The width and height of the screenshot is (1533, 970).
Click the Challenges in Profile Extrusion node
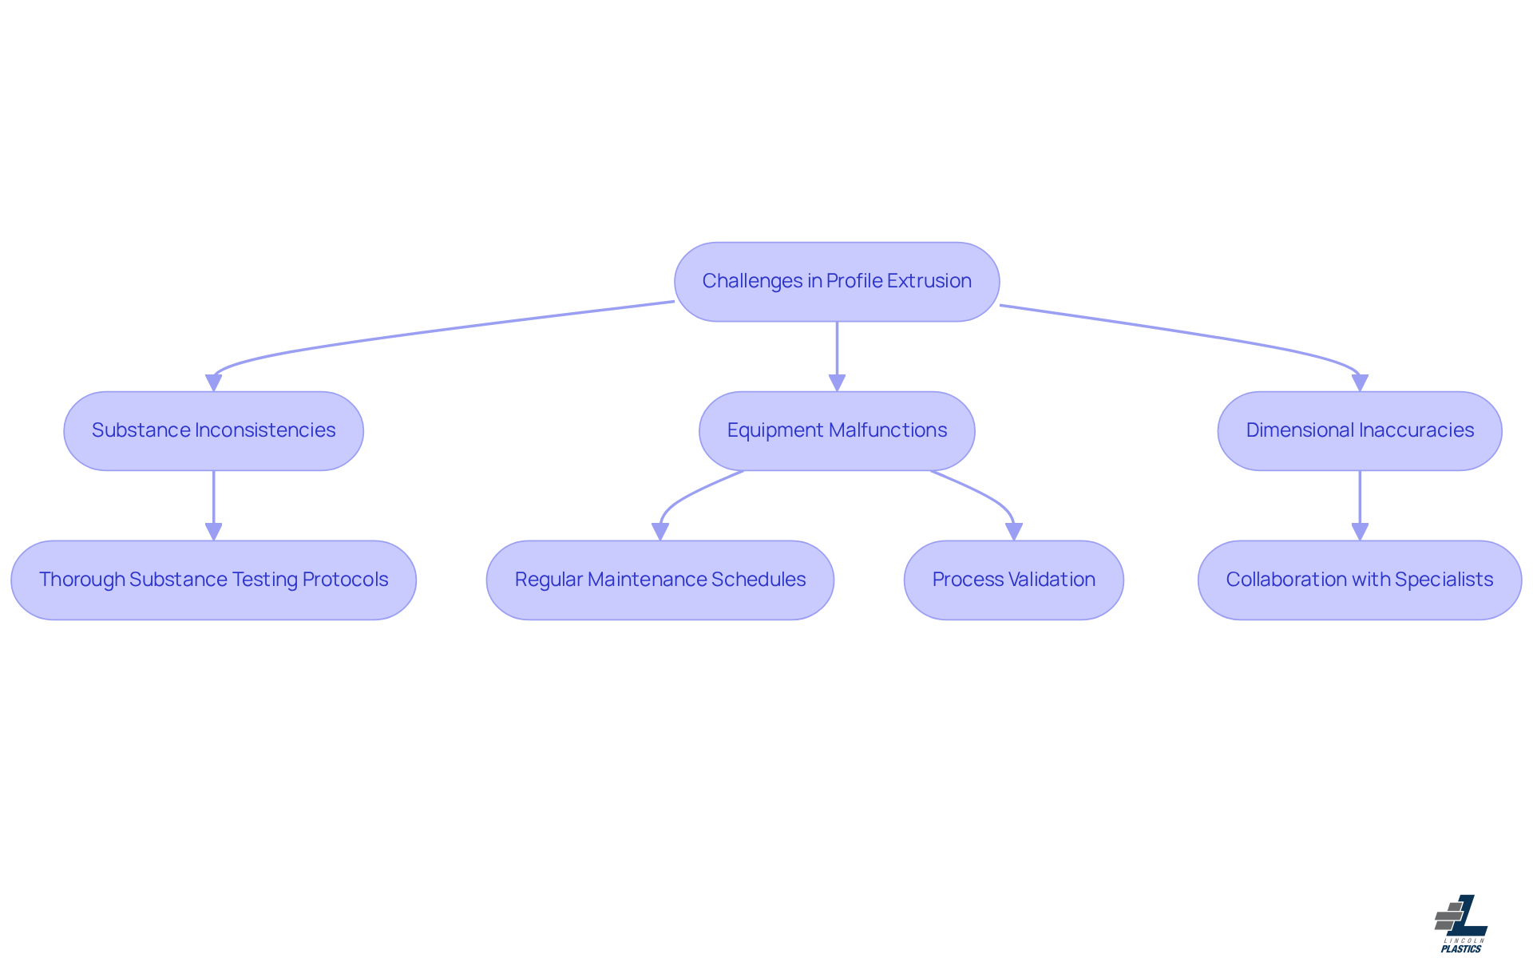[837, 282]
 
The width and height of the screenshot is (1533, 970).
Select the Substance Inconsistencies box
[213, 430]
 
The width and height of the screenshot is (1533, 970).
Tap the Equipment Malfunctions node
[837, 430]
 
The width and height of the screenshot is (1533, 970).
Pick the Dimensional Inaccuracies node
[1359, 430]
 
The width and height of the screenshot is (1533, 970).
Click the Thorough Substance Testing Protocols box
[213, 580]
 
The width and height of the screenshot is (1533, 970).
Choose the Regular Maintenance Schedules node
[660, 580]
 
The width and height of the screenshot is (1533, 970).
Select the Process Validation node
[1013, 580]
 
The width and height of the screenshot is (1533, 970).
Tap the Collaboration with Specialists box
[1359, 580]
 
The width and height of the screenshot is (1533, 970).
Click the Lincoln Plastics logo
[1461, 924]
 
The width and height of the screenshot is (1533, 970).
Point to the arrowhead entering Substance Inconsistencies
[213, 383]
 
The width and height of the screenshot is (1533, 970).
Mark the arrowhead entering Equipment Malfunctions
[837, 383]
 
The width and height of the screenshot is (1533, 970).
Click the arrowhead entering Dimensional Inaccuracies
[1360, 383]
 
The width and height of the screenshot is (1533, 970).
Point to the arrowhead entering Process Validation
[1014, 532]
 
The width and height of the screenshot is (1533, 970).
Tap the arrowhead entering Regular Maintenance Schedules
[660, 532]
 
